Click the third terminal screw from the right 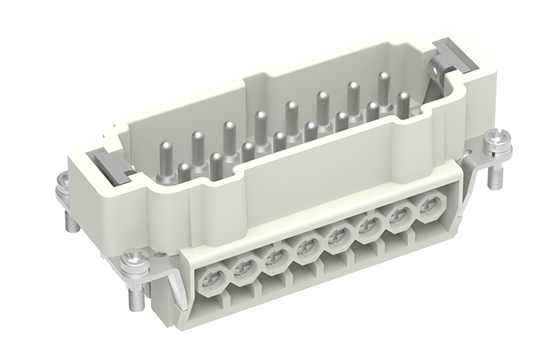370,227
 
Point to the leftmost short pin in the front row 186,173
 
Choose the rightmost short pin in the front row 402,101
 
